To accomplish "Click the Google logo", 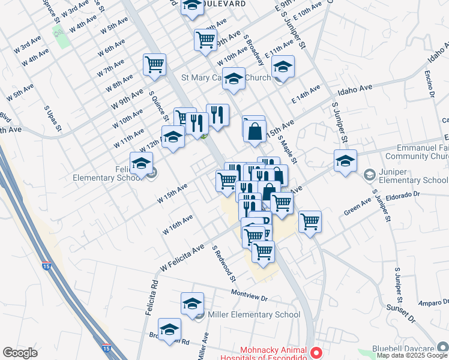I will [x=20, y=353].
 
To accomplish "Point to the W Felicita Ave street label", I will [x=182, y=256].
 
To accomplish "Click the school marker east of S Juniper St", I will [x=346, y=161].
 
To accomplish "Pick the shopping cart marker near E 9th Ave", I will [x=205, y=40].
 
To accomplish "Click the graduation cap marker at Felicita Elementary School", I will [x=142, y=163].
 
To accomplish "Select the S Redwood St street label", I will [x=224, y=263].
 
